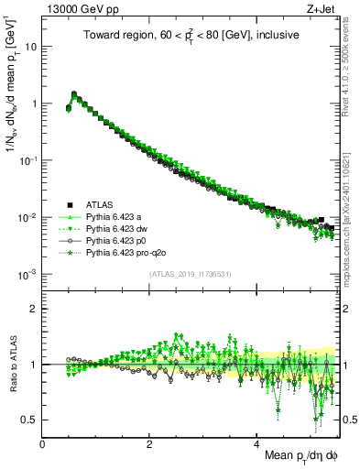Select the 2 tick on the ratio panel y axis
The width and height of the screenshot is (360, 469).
coord(35,309)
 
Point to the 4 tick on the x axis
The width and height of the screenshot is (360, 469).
coord(257,444)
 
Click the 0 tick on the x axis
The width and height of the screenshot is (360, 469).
coord(43,444)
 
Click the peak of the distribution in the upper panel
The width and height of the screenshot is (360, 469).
coord(74,93)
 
